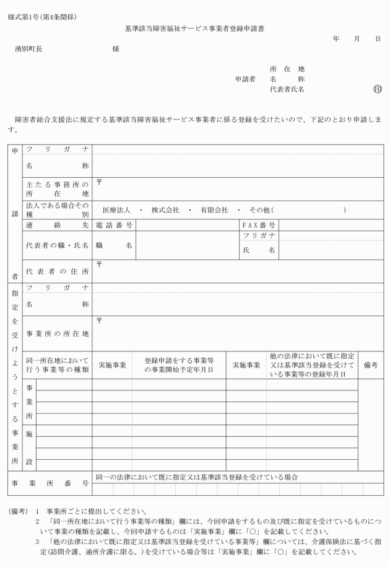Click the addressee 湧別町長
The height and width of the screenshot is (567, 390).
(x=29, y=49)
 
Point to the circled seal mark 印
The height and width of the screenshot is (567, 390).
(x=378, y=90)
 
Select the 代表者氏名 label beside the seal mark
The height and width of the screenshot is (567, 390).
(x=287, y=90)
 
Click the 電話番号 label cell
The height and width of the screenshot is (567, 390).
(x=115, y=225)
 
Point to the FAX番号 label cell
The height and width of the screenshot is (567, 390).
(x=259, y=225)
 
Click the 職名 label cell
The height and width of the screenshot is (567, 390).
(x=115, y=245)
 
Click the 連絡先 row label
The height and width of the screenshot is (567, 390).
(x=57, y=225)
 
